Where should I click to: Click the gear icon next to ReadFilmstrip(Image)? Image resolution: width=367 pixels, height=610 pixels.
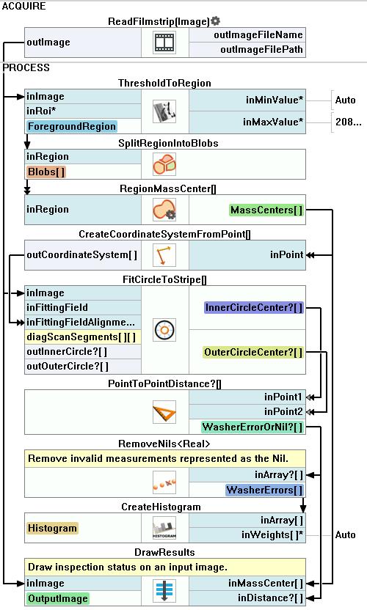pyautogui.click(x=216, y=21)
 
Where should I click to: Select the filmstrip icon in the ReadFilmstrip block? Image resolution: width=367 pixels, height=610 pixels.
pyautogui.click(x=164, y=43)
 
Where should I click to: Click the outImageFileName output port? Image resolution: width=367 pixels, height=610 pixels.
pyautogui.click(x=258, y=35)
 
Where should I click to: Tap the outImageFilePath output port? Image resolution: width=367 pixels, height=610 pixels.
pyautogui.click(x=261, y=50)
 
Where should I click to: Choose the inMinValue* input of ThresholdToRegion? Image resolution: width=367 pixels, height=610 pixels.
pyautogui.click(x=275, y=100)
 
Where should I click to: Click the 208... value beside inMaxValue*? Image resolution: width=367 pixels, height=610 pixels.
pyautogui.click(x=349, y=122)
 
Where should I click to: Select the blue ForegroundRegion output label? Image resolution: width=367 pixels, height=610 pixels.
pyautogui.click(x=72, y=126)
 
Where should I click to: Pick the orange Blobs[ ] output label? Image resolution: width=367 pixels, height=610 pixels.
pyautogui.click(x=46, y=172)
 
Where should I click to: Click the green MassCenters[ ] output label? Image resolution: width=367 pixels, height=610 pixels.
pyautogui.click(x=266, y=210)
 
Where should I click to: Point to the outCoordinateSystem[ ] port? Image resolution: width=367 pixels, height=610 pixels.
pyautogui.click(x=81, y=255)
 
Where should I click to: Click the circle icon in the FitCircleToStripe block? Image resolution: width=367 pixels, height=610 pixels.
pyautogui.click(x=164, y=330)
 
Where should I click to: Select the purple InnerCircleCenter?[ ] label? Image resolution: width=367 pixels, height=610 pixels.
pyautogui.click(x=254, y=308)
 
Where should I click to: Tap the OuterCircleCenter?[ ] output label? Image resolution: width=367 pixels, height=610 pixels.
pyautogui.click(x=253, y=353)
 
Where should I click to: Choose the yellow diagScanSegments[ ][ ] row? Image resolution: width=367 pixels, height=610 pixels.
pyautogui.click(x=81, y=337)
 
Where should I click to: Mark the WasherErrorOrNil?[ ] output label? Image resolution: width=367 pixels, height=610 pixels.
pyautogui.click(x=252, y=427)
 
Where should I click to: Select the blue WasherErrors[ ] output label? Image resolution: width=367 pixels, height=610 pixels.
pyautogui.click(x=264, y=490)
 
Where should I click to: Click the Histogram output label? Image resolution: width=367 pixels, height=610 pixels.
pyautogui.click(x=52, y=529)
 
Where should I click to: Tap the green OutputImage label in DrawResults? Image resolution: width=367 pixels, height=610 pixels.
pyautogui.click(x=58, y=599)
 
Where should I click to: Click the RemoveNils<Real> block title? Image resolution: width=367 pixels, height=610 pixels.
pyautogui.click(x=164, y=444)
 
